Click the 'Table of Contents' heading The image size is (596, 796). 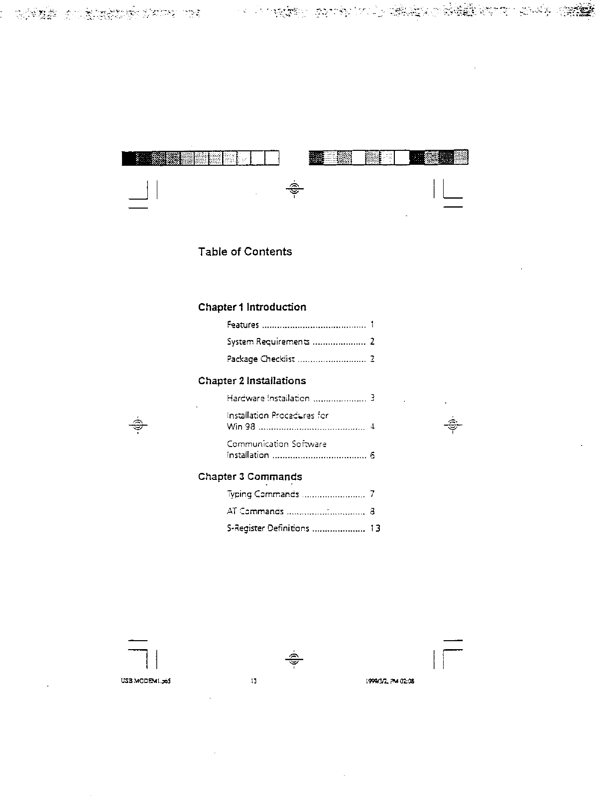coord(245,252)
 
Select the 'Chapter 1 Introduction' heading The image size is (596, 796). coord(252,307)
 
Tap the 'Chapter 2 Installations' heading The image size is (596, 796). coord(252,381)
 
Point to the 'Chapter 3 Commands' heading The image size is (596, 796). coord(250,477)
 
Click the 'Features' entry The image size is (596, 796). coord(243,325)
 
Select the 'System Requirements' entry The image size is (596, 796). coord(268,342)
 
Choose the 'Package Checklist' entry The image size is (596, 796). coord(261,359)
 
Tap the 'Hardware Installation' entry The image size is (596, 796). coord(268,398)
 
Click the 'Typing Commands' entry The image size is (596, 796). coord(263,494)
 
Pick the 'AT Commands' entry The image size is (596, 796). coord(255,511)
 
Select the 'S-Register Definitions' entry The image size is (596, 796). coord(268,529)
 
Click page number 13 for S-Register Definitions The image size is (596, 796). coord(375,529)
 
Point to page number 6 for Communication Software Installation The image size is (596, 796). coord(372,455)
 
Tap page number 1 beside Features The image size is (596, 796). coord(372,325)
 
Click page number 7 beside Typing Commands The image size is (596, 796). coord(372,494)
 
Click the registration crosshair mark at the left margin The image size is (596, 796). coord(138,425)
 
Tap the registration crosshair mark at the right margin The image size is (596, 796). coord(453,425)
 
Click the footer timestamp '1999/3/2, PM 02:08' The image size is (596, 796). coord(390,682)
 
